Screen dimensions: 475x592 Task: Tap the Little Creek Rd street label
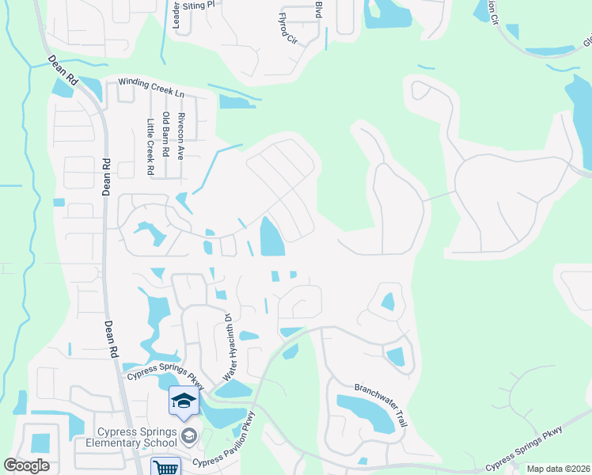tap(150, 146)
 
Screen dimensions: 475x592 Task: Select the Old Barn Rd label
tap(165, 135)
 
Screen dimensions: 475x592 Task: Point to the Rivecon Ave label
tap(181, 136)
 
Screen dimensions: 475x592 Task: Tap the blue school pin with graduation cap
tap(184, 401)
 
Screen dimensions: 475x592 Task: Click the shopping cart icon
tap(166, 468)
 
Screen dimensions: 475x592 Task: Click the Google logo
tap(27, 465)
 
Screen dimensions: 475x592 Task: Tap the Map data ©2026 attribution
tap(557, 469)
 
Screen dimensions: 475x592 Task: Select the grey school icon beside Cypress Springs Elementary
tap(189, 434)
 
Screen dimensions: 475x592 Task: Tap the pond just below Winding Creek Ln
tap(237, 101)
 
